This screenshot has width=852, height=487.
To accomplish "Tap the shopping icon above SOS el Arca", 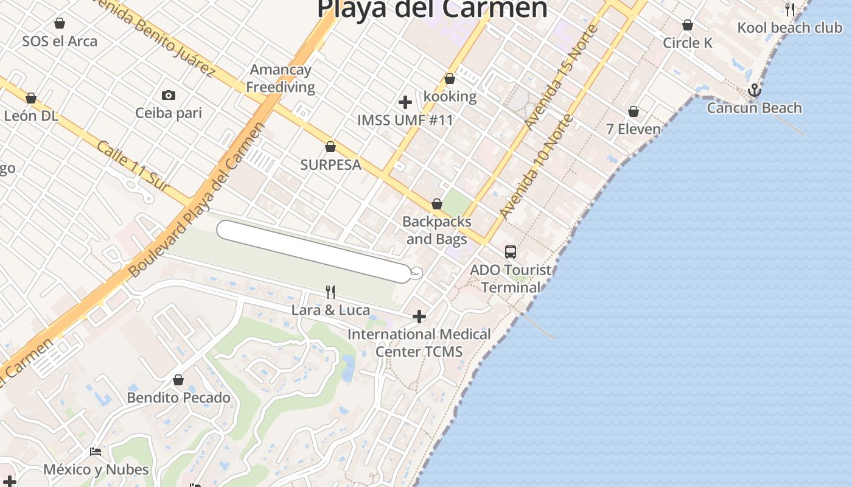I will [x=60, y=24].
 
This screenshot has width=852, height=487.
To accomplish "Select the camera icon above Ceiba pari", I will [x=169, y=95].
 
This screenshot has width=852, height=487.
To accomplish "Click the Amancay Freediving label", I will [x=281, y=79].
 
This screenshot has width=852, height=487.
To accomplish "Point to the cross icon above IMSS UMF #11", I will [x=405, y=102].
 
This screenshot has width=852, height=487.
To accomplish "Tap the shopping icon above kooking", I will [x=450, y=79].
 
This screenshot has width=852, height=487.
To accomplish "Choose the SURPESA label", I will [x=330, y=164].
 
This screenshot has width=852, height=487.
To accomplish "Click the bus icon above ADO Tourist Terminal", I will [x=511, y=251].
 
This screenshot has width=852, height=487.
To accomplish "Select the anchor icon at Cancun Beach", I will [x=755, y=90].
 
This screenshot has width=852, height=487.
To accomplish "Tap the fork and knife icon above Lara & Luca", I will [x=330, y=292].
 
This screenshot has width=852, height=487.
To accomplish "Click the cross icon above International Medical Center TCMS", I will [x=419, y=317].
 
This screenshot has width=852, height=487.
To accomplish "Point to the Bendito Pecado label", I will [x=178, y=398].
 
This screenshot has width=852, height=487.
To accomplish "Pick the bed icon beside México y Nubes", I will [x=96, y=452].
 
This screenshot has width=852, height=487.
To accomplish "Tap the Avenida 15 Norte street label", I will [x=561, y=77].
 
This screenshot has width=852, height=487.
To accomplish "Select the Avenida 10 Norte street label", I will [x=535, y=166].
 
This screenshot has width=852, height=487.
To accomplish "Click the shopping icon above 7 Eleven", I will [x=634, y=112].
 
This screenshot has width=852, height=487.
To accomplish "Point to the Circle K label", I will [x=687, y=43].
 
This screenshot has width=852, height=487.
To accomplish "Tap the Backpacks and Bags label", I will [x=436, y=230].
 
